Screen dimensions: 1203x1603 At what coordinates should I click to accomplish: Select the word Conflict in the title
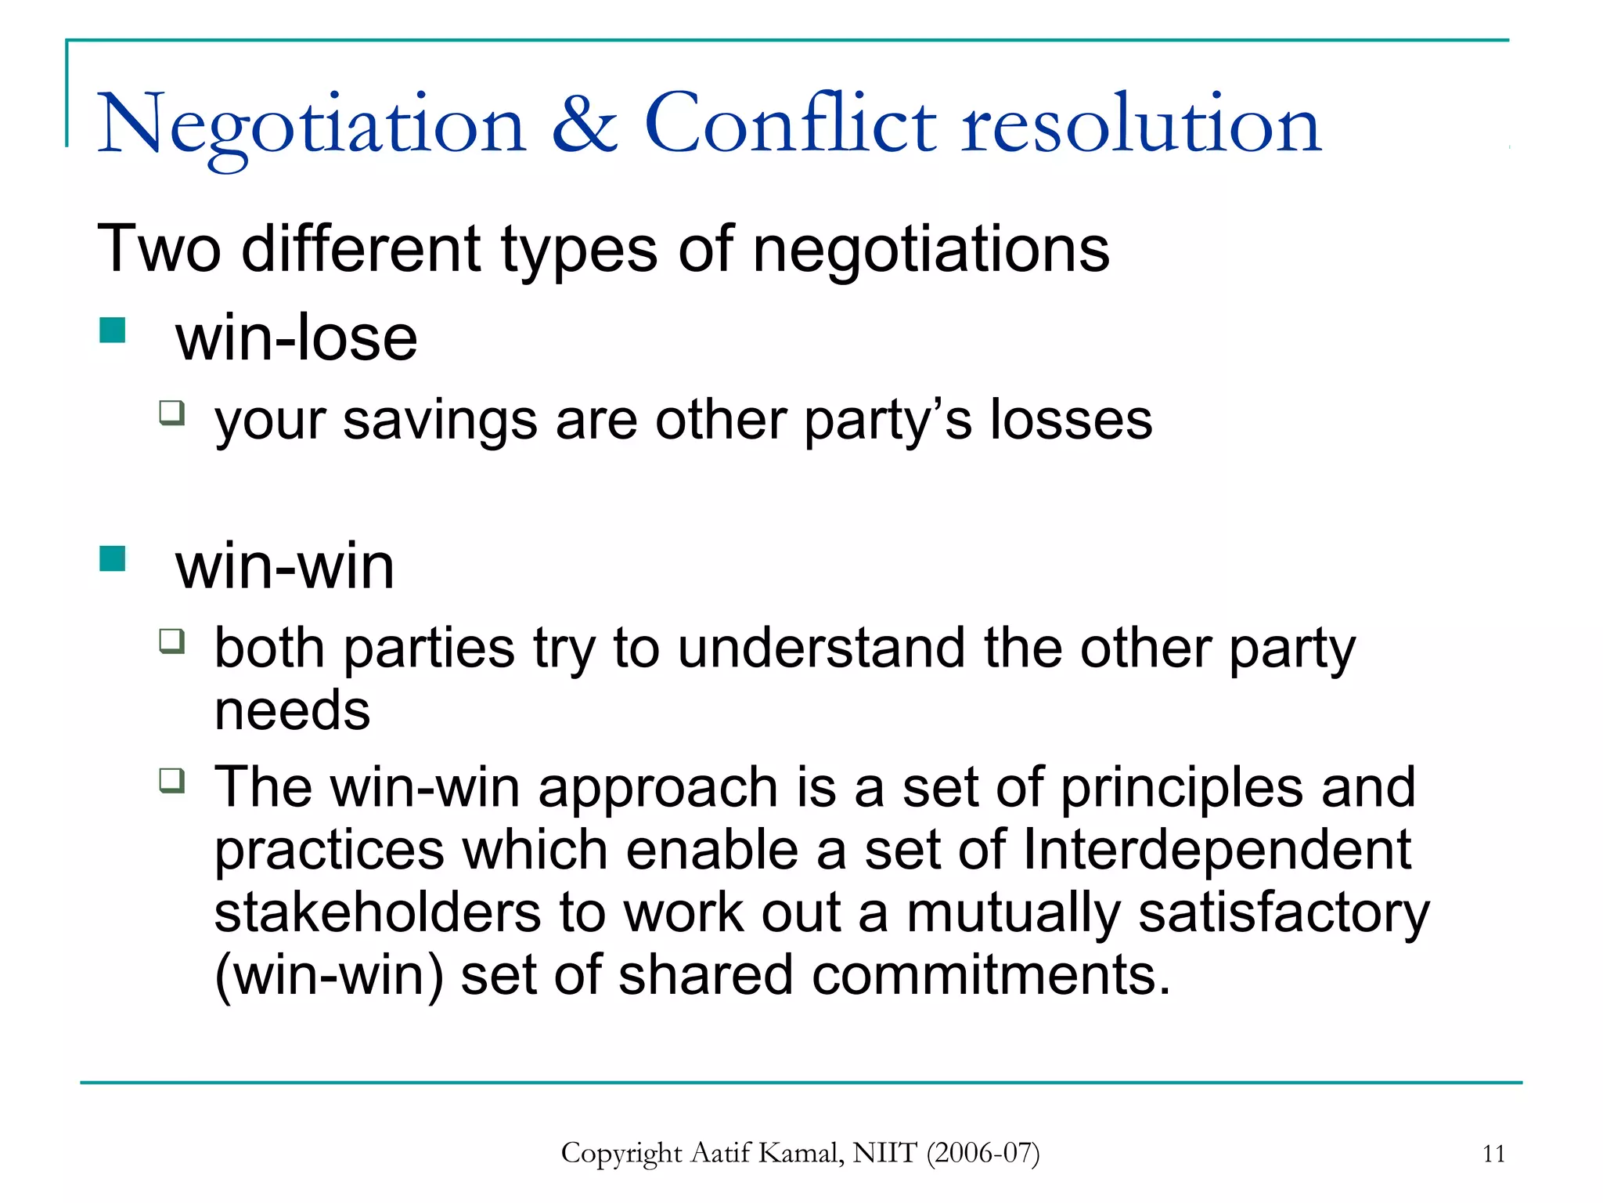point(790,124)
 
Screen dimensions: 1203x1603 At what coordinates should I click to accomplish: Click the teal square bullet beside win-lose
point(113,331)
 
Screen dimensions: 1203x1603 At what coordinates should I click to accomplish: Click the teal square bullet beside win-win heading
point(113,559)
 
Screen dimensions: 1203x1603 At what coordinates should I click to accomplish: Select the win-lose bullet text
point(296,338)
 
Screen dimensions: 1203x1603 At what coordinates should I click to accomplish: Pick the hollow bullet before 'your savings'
point(171,412)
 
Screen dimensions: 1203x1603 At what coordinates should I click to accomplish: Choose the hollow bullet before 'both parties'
point(171,641)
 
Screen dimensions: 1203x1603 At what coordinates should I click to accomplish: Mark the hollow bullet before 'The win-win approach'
point(171,780)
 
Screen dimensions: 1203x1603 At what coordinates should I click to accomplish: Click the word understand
point(821,648)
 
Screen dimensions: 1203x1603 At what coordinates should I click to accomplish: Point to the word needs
point(292,711)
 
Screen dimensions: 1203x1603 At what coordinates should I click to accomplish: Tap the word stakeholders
point(377,913)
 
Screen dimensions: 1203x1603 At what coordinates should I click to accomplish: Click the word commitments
point(990,976)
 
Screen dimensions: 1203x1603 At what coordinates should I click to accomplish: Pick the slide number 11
point(1493,1154)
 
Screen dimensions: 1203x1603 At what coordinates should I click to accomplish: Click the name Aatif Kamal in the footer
point(768,1154)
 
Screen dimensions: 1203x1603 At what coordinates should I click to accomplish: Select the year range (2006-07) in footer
point(983,1154)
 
